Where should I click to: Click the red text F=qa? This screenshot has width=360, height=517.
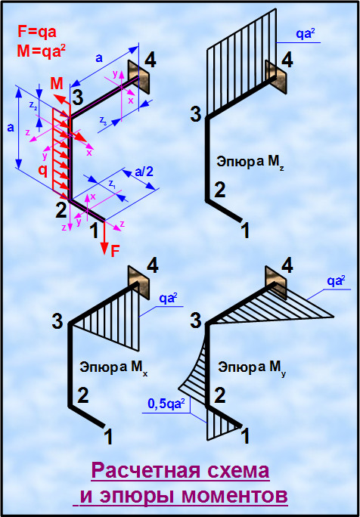pos(37,33)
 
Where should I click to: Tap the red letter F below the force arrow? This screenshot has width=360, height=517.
pos(115,252)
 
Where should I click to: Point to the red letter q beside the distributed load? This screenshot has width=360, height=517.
pos(42,171)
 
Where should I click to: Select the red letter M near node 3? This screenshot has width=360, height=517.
pos(57,84)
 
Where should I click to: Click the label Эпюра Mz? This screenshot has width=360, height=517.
pos(250,162)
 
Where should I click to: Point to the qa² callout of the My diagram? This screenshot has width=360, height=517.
pos(337,281)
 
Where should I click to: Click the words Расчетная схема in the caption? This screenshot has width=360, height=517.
pos(180,471)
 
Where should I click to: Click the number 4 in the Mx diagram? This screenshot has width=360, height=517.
pos(152,266)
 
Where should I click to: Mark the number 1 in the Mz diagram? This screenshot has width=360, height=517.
pos(245,231)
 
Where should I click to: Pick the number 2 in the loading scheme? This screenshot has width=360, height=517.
pos(61,211)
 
